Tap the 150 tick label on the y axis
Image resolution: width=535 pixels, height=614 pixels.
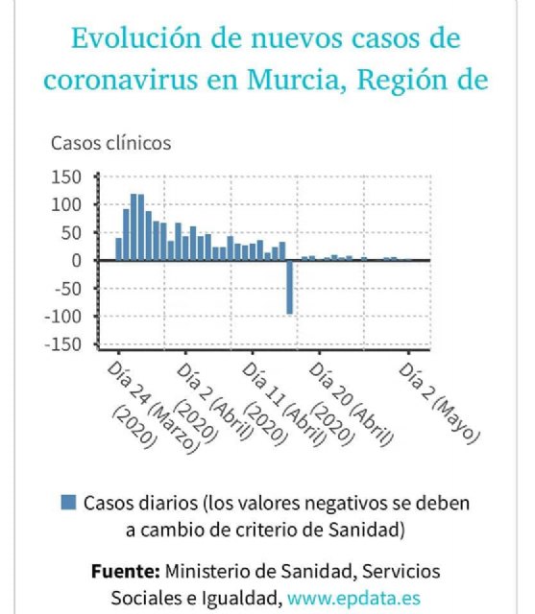point(67,177)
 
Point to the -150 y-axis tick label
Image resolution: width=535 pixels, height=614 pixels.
point(63,344)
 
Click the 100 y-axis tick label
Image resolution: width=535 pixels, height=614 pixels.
point(67,204)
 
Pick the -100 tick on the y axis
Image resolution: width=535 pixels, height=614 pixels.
point(63,317)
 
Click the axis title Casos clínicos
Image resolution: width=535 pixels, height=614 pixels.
point(110,143)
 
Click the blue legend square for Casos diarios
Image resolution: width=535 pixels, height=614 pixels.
point(67,502)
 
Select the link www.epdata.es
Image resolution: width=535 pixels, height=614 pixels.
point(354,598)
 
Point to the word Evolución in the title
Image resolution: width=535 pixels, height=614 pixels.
point(134,40)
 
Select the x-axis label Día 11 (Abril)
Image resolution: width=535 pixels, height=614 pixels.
point(281,403)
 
